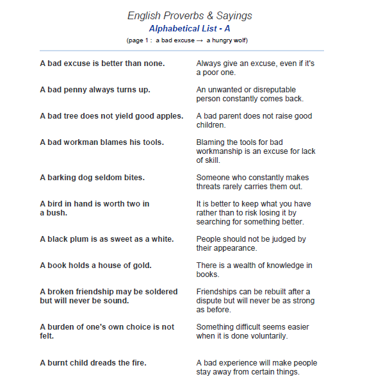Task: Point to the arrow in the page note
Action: click(200, 40)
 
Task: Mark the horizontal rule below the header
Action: click(182, 50)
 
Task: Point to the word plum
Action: click(84, 239)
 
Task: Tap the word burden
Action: click(61, 327)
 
